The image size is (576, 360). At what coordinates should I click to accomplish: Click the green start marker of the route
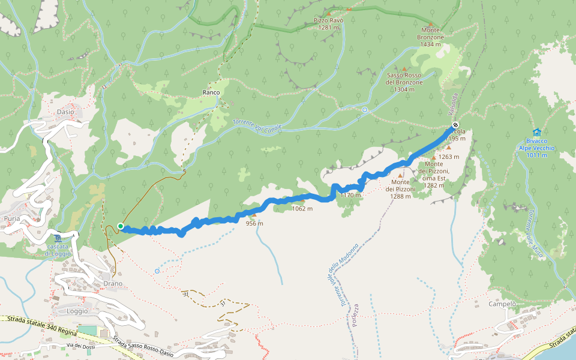pyautogui.click(x=121, y=226)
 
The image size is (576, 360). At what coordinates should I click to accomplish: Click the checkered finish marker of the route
pyautogui.click(x=454, y=125)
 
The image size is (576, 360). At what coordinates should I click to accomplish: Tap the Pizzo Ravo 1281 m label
pyautogui.click(x=329, y=23)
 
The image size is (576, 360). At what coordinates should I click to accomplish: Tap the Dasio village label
pyautogui.click(x=65, y=112)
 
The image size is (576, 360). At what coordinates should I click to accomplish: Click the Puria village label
pyautogui.click(x=12, y=218)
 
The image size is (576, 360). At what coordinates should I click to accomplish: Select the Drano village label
pyautogui.click(x=112, y=283)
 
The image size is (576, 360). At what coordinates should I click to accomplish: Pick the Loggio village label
pyautogui.click(x=77, y=311)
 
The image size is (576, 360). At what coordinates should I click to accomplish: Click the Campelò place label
pyautogui.click(x=503, y=304)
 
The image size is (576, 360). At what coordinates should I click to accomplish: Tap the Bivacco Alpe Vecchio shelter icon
pyautogui.click(x=536, y=133)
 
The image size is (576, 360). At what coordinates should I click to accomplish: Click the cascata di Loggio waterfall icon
pyautogui.click(x=57, y=238)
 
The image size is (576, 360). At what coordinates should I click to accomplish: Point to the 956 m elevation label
pyautogui.click(x=254, y=224)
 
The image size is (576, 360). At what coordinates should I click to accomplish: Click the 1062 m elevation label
pyautogui.click(x=302, y=209)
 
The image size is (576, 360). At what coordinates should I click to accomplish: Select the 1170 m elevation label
pyautogui.click(x=350, y=195)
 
